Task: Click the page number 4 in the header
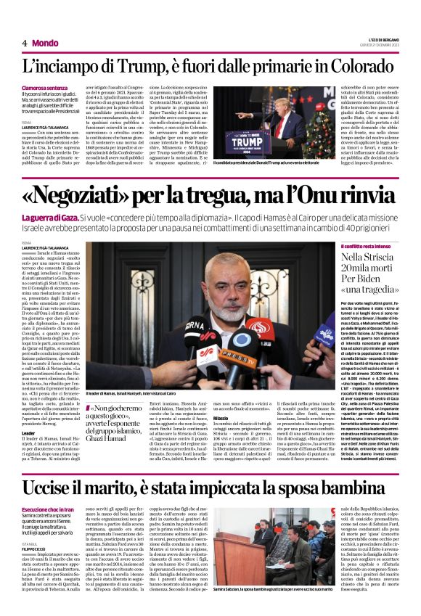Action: (24, 43)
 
